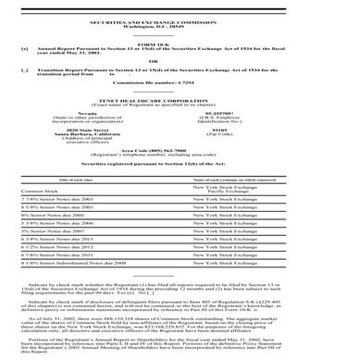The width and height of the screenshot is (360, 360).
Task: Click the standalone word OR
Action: click(x=180, y=56)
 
